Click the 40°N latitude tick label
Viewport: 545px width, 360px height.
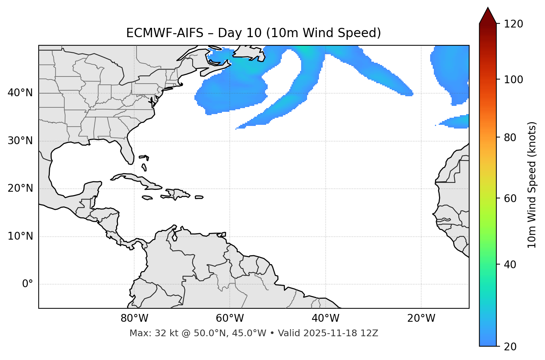[x=20, y=93]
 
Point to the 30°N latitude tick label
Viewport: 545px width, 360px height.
[x=20, y=141]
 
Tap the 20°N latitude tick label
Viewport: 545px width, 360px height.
[x=20, y=188]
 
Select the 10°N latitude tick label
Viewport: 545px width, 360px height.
[x=20, y=236]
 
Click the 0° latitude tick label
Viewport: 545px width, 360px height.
[x=28, y=284]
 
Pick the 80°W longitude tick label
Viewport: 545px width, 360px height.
[x=134, y=318]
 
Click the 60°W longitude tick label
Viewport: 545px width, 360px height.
[x=230, y=318]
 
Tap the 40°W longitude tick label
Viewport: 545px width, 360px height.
[x=325, y=318]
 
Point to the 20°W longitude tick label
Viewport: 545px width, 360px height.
[x=421, y=318]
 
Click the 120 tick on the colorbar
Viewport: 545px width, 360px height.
[x=513, y=24]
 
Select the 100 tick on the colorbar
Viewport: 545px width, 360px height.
[x=513, y=80]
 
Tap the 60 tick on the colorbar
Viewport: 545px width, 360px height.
[x=511, y=198]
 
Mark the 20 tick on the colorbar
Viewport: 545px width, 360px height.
[x=511, y=346]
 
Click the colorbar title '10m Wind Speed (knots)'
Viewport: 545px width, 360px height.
[x=532, y=185]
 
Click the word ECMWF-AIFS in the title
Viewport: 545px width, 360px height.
[x=165, y=33]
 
